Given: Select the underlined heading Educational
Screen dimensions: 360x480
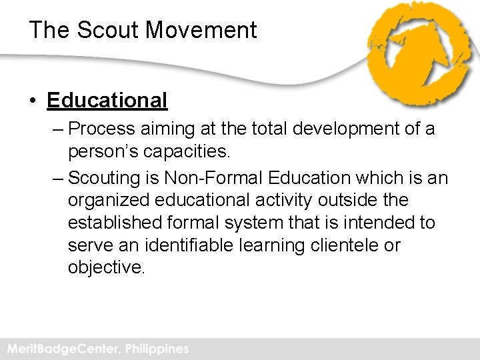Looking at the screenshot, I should point(107,101).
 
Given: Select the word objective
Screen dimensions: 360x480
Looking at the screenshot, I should point(105,267).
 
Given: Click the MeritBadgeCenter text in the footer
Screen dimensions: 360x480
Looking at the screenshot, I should point(59,349).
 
